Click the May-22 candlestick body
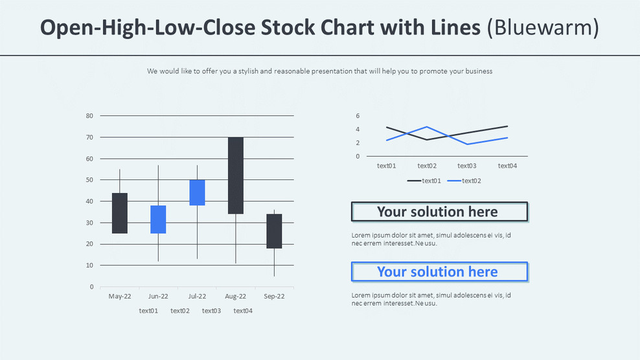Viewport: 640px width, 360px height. tap(119, 213)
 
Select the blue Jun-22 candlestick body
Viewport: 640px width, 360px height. tap(158, 219)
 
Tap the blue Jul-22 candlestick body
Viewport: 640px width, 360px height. tap(197, 192)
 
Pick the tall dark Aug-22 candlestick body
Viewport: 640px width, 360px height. tap(236, 175)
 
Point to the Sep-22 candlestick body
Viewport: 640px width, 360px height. tap(274, 231)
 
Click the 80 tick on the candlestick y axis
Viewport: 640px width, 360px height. tap(89, 116)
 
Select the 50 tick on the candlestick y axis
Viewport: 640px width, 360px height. tap(89, 180)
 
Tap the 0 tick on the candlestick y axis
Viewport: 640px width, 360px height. tap(91, 287)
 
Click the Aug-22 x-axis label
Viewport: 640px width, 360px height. tap(235, 297)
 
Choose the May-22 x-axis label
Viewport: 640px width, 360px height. tap(119, 297)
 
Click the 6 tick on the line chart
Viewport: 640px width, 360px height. tap(358, 116)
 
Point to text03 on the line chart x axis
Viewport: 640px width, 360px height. tap(467, 166)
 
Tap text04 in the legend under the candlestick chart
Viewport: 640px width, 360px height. tap(243, 311)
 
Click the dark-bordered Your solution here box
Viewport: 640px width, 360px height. tap(439, 212)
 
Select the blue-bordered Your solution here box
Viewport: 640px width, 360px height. tap(439, 272)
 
